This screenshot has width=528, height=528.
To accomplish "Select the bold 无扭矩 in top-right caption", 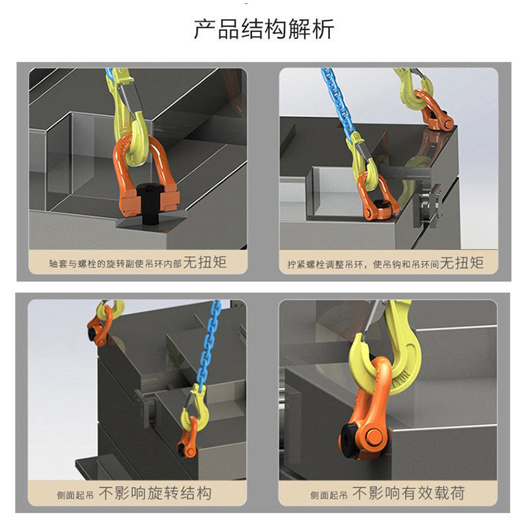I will pos(462,263).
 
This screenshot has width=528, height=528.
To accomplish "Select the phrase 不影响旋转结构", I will pos(155,493).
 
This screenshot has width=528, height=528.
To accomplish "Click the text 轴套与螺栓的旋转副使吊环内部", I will pos(115,263).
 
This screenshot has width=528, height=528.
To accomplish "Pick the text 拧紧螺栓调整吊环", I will pos(323,263).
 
